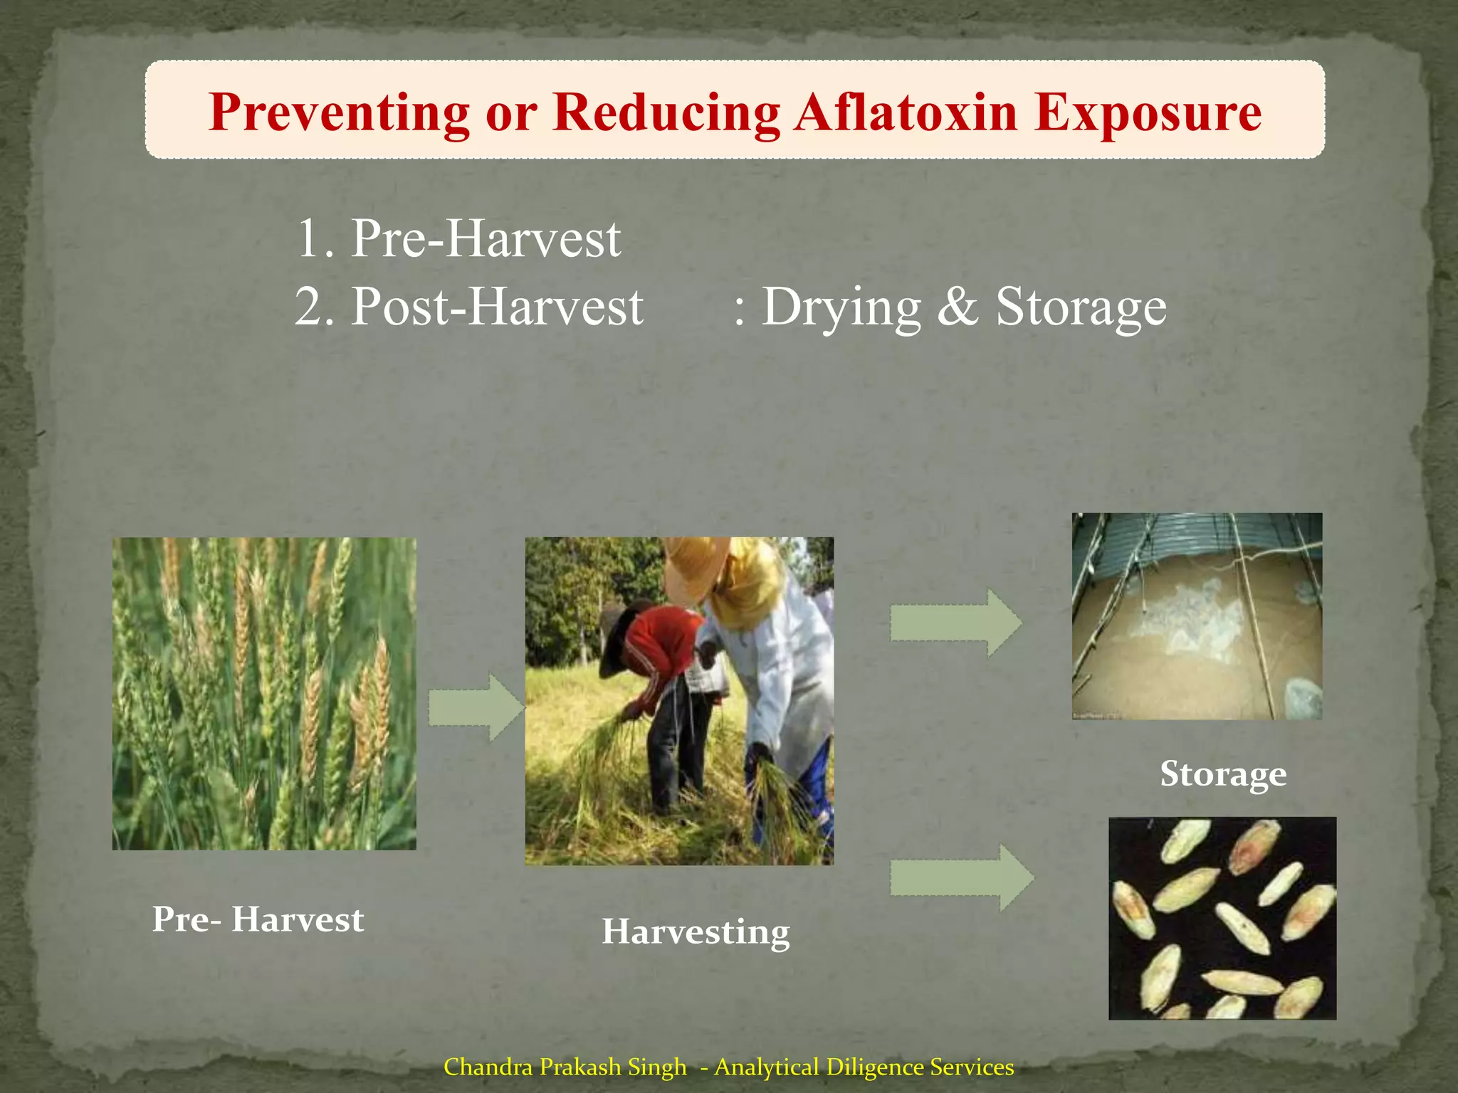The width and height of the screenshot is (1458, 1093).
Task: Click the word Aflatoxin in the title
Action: pos(906,112)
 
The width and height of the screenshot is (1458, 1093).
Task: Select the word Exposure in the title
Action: pos(1148,112)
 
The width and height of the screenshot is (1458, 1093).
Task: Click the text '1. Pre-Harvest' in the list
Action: pos(458,238)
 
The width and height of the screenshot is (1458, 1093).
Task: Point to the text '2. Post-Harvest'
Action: pos(469,307)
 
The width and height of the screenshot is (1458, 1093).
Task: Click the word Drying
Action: pos(841,307)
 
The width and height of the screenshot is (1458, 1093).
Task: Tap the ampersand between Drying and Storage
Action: pos(958,307)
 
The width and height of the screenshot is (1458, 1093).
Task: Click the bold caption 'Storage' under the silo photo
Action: pos(1222,773)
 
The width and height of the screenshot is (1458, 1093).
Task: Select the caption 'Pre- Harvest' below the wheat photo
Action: pos(258,919)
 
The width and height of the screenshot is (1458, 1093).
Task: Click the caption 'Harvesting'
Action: pos(696,931)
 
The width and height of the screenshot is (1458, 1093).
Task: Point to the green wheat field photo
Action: pos(264,693)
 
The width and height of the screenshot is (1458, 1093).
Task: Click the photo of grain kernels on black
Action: pos(1222,918)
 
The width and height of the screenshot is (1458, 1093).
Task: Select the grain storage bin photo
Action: pos(1197,616)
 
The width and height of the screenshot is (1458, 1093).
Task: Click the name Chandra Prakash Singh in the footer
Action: pos(565,1067)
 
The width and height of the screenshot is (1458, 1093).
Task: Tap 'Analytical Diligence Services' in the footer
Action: pos(864,1067)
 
